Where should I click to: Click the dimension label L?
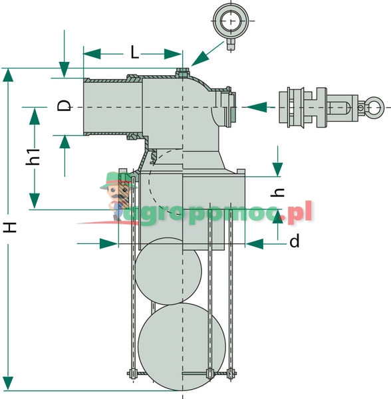click(135, 53)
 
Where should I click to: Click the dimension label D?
click(64, 106)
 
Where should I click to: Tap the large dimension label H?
click(9, 228)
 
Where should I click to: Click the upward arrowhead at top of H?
click(9, 74)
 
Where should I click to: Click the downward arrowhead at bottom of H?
click(9, 384)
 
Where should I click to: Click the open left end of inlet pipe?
click(85, 106)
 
